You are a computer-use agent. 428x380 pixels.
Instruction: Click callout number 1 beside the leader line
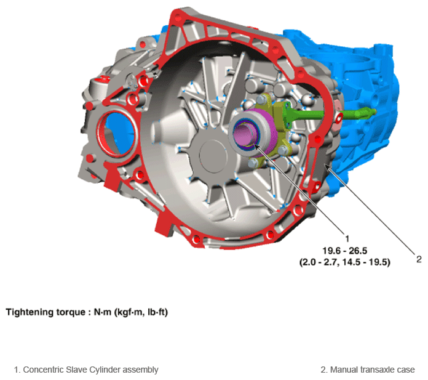(347, 239)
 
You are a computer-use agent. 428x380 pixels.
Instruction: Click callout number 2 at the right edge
(419, 259)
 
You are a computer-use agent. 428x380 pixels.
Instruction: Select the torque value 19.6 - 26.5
(345, 251)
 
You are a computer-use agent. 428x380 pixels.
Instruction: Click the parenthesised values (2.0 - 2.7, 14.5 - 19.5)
(345, 262)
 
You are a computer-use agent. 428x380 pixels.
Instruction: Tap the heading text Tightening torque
(46, 312)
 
